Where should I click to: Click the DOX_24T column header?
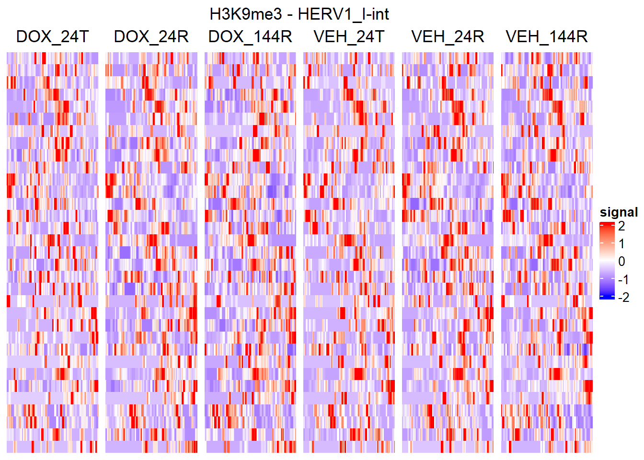click(52, 36)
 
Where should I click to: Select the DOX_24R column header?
click(151, 36)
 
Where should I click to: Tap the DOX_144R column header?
click(250, 36)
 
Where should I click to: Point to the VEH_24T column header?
click(349, 36)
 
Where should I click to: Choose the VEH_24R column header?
click(448, 36)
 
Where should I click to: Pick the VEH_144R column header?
click(547, 36)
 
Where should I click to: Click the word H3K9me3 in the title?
click(246, 14)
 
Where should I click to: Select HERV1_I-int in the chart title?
click(343, 14)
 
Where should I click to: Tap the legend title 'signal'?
click(619, 212)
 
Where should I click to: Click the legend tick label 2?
click(621, 226)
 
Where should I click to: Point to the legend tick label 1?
click(621, 243)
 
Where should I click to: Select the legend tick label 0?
click(621, 262)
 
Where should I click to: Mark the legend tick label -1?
click(623, 279)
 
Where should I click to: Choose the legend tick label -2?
click(623, 298)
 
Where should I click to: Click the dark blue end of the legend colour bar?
click(607, 298)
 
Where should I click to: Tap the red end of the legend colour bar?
click(607, 224)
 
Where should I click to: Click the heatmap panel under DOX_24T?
click(52, 253)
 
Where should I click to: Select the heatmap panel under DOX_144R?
click(250, 253)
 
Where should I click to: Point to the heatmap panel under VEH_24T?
click(349, 253)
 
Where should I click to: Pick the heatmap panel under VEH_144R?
click(547, 253)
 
